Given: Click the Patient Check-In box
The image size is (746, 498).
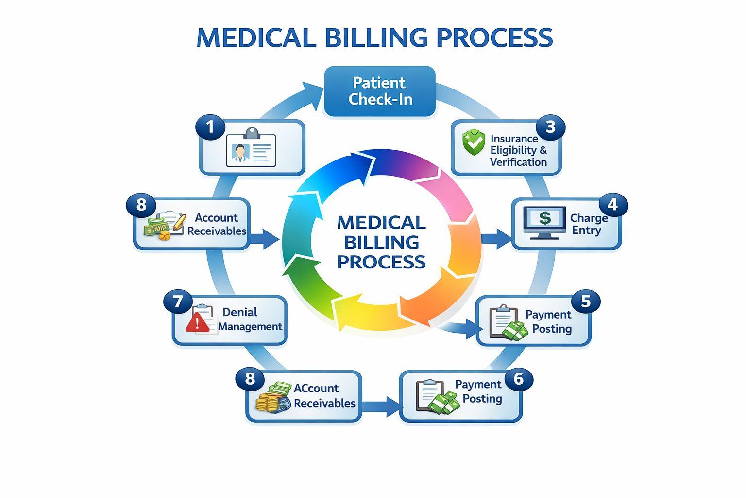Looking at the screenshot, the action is click(x=380, y=91).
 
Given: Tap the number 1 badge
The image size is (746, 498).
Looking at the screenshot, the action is click(x=210, y=127).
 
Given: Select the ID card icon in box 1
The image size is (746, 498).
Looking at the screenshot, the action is click(x=251, y=147).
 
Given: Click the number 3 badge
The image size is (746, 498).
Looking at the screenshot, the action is click(x=550, y=127).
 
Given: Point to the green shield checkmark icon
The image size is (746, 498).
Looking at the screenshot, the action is click(x=474, y=143).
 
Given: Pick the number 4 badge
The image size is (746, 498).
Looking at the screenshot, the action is click(x=613, y=204).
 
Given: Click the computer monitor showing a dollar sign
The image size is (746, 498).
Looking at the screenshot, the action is click(x=544, y=222).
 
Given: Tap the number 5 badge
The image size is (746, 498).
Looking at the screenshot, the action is click(x=586, y=302).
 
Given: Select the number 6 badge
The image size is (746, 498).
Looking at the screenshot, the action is click(x=519, y=379).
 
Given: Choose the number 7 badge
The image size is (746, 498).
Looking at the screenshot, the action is click(x=178, y=302).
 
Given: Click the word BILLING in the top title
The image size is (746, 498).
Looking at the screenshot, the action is click(x=375, y=37).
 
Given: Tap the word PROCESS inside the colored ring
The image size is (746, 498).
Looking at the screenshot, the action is click(x=381, y=262).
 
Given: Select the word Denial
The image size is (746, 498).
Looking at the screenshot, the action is click(x=240, y=312).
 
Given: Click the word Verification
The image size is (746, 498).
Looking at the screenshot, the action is click(x=519, y=162).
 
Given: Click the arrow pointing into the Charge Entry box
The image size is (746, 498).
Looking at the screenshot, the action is click(x=496, y=238).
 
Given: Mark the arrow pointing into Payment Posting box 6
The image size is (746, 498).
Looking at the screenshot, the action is click(x=381, y=407).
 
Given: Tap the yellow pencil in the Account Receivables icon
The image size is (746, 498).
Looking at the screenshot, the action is click(x=180, y=221).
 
